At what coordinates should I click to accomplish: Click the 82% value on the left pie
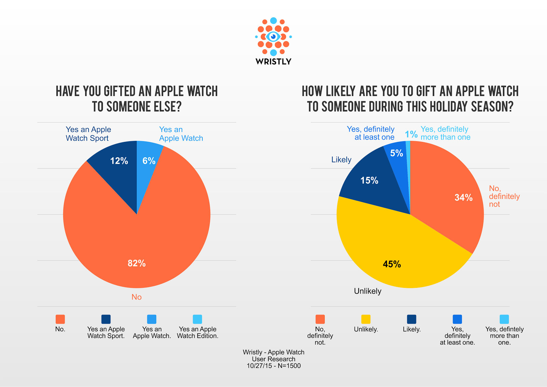[x=137, y=263]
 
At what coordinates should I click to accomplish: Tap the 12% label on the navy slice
[x=119, y=161]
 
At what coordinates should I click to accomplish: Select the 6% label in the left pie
[x=149, y=161]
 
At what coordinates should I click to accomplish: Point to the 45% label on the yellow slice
[x=392, y=264]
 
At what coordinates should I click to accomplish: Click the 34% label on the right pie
[x=464, y=197]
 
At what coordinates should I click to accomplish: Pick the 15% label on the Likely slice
[x=369, y=180]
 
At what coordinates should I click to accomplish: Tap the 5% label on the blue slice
[x=397, y=153]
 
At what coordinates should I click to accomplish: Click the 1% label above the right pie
[x=411, y=134]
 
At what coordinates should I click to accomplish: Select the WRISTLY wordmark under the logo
[x=273, y=62]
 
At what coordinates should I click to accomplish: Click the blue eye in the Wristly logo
[x=273, y=37]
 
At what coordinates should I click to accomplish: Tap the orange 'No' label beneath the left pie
[x=136, y=297]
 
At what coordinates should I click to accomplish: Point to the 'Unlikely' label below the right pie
[x=368, y=291]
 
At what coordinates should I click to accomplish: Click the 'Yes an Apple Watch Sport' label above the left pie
[x=88, y=134]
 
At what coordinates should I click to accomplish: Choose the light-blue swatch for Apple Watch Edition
[x=197, y=319]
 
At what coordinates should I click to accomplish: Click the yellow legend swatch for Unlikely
[x=366, y=319]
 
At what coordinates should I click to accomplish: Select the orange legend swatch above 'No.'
[x=60, y=319]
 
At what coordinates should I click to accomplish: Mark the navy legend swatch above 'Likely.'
[x=412, y=319]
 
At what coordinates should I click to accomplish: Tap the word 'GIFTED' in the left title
[x=120, y=91]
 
